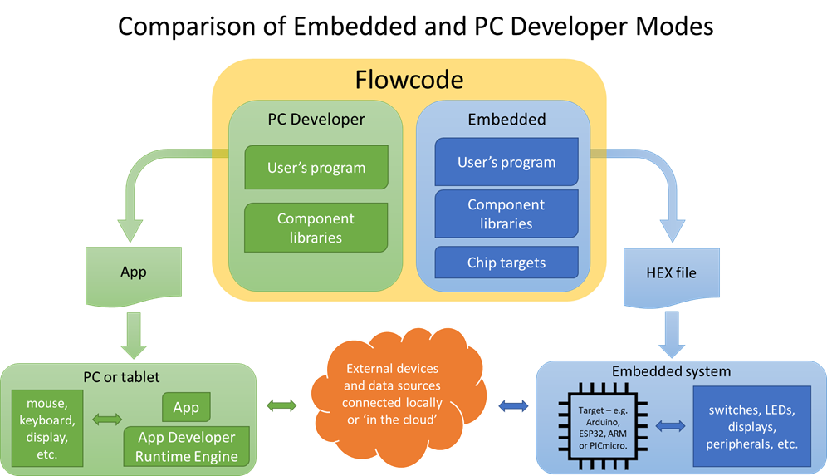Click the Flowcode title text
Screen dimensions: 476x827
click(x=409, y=80)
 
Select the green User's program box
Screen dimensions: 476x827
click(x=316, y=167)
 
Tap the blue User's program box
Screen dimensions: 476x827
click(x=506, y=162)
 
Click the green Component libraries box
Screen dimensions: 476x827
click(x=316, y=228)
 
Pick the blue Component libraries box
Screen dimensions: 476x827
click(x=506, y=214)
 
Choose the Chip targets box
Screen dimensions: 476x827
click(x=506, y=263)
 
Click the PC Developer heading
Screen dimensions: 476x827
click(x=316, y=120)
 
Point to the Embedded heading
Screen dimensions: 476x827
click(x=506, y=120)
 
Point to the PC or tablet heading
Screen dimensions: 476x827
click(x=128, y=377)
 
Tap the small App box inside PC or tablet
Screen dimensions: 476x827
click(x=186, y=407)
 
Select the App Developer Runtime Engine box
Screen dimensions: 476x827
click(x=186, y=447)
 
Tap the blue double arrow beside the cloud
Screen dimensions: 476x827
click(x=513, y=406)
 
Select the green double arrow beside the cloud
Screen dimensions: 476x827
click(x=282, y=406)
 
